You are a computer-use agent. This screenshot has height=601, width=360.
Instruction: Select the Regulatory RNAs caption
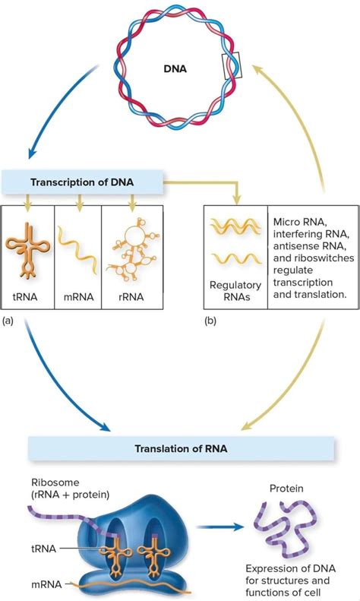point(235,292)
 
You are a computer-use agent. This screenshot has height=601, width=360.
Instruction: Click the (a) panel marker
point(8,321)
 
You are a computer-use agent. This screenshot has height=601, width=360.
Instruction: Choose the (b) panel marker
point(210,321)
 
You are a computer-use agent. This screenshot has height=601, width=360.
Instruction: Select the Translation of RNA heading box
point(180,448)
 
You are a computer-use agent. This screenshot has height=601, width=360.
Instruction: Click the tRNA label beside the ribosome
point(45,548)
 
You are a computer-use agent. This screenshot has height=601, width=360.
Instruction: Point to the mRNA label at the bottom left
point(47,583)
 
